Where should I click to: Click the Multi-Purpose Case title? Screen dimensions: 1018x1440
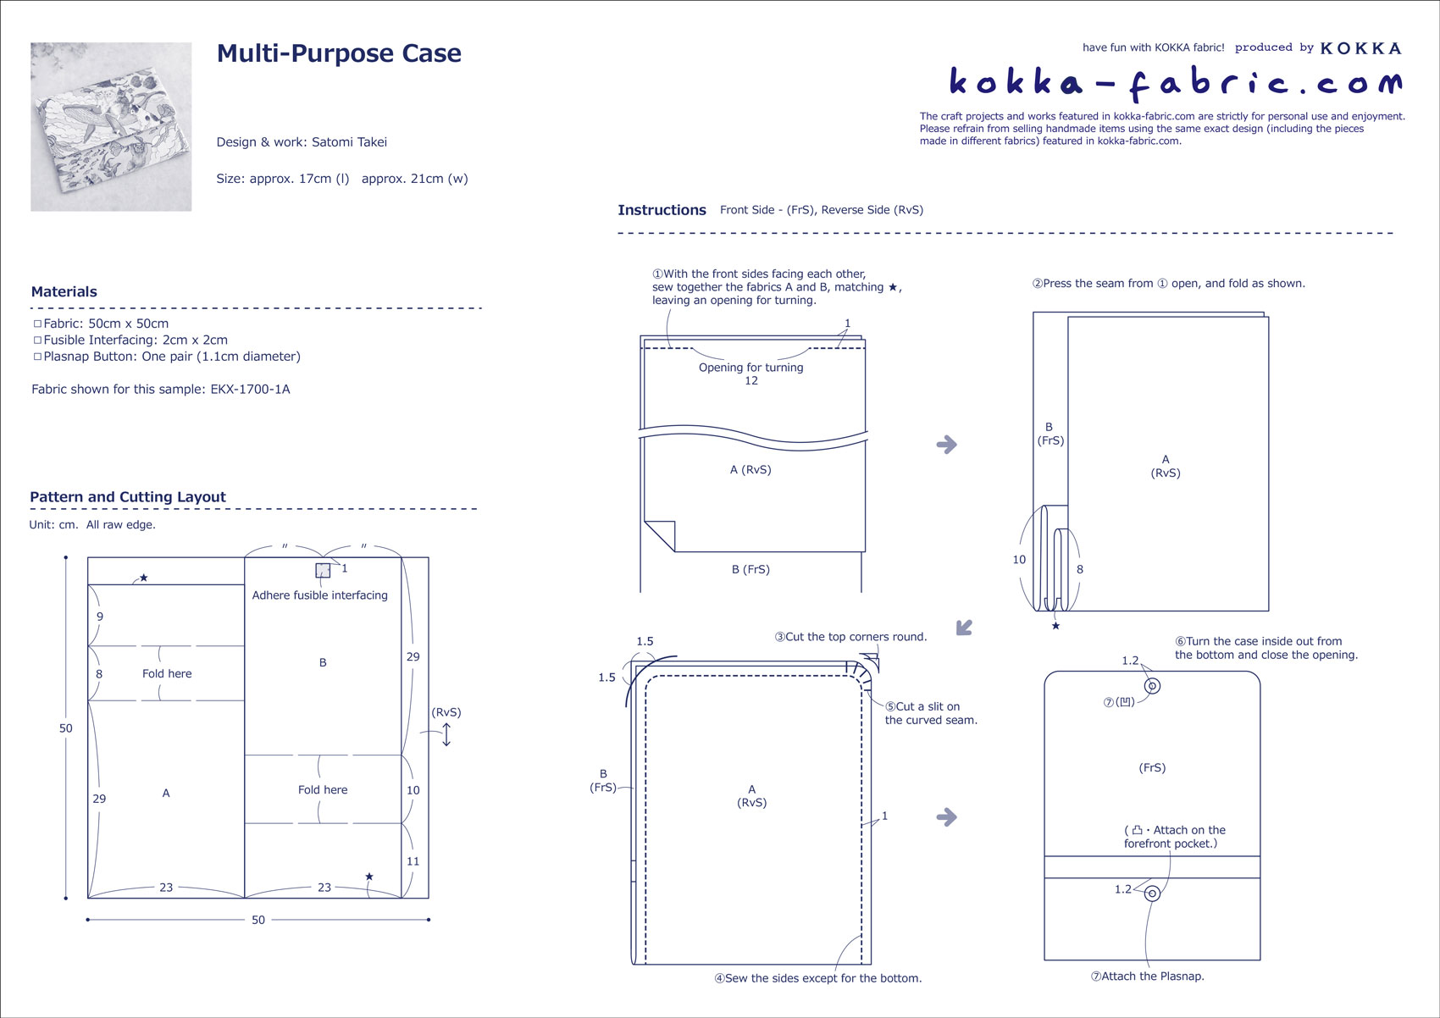[x=339, y=53]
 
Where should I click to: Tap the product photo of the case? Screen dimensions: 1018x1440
[x=111, y=126]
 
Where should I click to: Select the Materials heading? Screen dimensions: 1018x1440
[x=64, y=292]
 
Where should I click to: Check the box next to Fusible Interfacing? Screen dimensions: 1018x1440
[x=37, y=340]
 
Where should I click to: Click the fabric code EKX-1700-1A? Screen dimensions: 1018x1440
[x=250, y=390]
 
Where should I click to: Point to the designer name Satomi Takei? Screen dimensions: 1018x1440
[x=349, y=142]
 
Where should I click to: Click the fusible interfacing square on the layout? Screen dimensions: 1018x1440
[x=323, y=570]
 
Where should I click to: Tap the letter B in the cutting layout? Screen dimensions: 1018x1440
[x=323, y=662]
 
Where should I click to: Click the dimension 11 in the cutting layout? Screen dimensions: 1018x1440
[x=413, y=861]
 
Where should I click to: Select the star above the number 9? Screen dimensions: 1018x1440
[x=144, y=578]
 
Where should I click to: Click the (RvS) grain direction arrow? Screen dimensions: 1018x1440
[x=446, y=734]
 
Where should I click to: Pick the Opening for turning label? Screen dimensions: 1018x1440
[x=750, y=368]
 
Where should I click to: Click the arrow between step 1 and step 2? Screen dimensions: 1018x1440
[x=946, y=445]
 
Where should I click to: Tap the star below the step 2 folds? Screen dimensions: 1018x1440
[x=1055, y=626]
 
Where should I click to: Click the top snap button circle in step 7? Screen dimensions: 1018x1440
[x=1152, y=686]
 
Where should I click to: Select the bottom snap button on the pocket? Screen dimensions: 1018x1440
[x=1152, y=894]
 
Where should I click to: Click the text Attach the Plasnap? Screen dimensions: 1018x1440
[x=1152, y=977]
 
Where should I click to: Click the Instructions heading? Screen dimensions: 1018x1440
[x=662, y=210]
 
